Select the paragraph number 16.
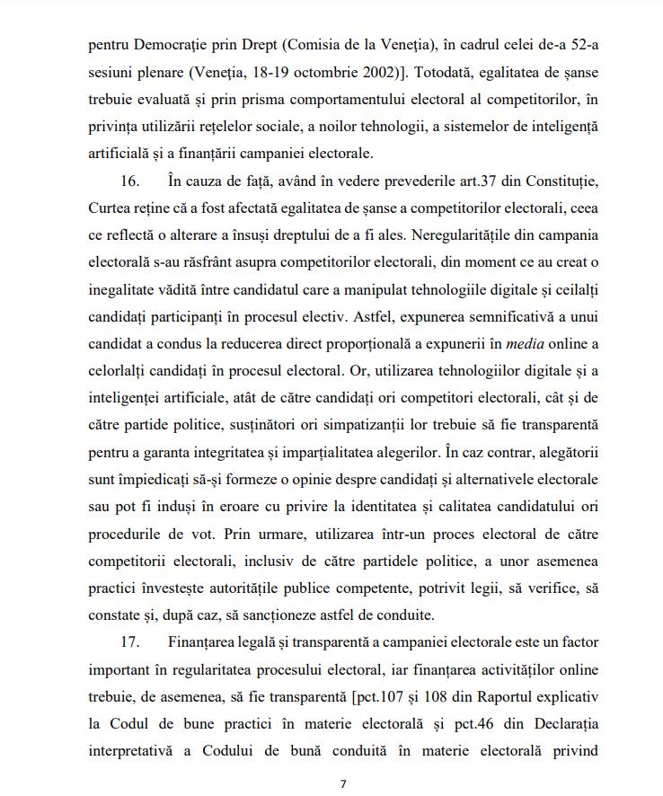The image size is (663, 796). [x=129, y=181]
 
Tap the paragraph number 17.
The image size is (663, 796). [x=129, y=642]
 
